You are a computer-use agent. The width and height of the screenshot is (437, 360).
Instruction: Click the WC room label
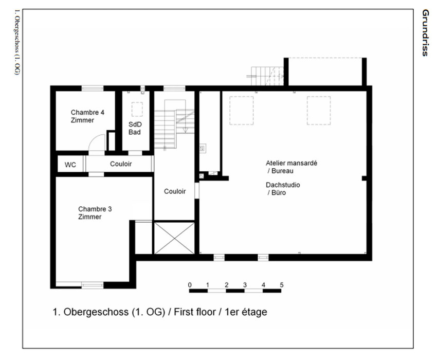coord(70,165)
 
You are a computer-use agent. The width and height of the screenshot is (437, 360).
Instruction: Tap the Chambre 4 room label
coord(87,116)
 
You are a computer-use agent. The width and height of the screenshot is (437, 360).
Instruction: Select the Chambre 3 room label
coord(95,213)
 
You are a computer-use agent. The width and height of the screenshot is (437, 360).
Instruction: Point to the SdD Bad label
coord(135,128)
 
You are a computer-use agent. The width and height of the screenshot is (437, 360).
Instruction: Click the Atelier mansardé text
coord(291,163)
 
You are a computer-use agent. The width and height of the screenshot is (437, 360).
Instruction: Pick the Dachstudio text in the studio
coord(283,185)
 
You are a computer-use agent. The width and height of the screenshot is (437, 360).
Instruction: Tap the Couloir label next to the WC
coord(121,164)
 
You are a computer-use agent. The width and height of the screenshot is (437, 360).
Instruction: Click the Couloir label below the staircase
coord(175,191)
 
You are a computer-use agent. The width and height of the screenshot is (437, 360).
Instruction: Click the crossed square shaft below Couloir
coord(174,238)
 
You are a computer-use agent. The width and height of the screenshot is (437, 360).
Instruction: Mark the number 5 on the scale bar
coord(282,285)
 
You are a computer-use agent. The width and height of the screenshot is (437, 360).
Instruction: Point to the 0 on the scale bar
coord(190,285)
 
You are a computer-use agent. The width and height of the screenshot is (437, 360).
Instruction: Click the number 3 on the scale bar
coord(245,285)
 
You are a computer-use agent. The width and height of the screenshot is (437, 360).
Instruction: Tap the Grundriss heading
coord(425,33)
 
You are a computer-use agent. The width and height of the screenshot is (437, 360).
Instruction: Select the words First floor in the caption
coord(195,312)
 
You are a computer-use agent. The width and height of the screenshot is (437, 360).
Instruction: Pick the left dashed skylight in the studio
coord(241,111)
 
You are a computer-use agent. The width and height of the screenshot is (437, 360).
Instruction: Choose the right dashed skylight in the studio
coord(319,111)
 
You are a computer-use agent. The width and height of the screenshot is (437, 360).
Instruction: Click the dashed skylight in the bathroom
coord(137,109)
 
